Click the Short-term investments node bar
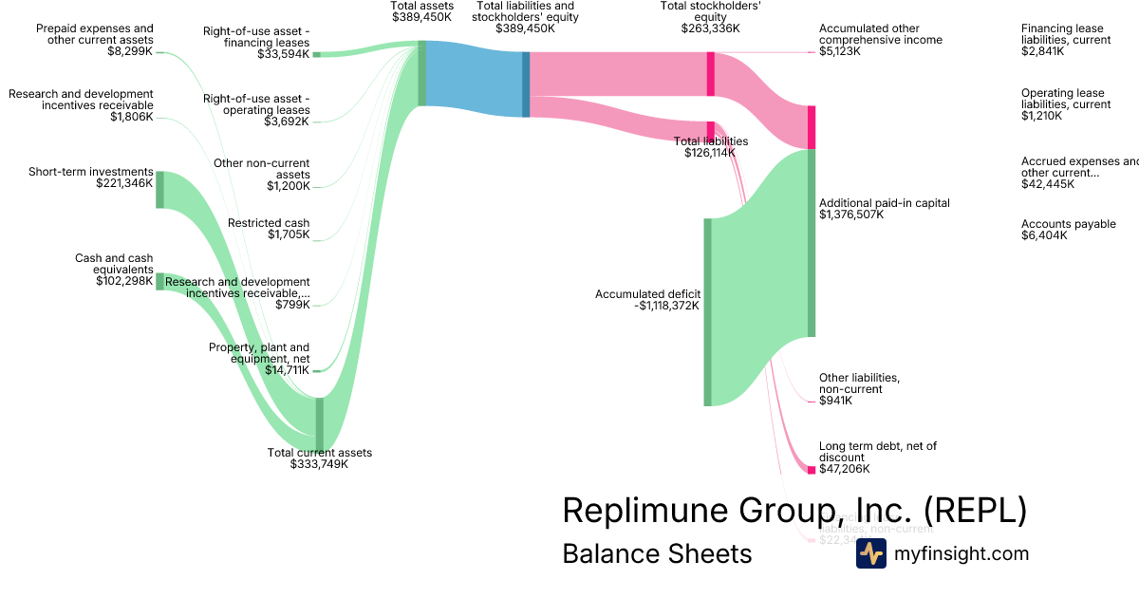click(159, 189)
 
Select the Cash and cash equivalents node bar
click(159, 281)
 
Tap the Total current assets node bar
click(319, 423)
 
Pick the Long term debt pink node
click(812, 470)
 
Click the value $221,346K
click(124, 183)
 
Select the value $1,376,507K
click(851, 215)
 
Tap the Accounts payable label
click(1068, 224)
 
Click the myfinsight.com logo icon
click(870, 553)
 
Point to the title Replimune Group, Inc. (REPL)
click(794, 511)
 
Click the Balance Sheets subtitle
click(657, 553)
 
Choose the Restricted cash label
click(269, 223)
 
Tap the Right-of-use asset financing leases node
click(316, 54)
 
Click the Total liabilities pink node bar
click(710, 130)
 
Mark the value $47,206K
click(845, 469)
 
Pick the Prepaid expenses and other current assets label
click(94, 34)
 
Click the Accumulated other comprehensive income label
click(881, 34)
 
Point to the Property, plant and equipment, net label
click(259, 353)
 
